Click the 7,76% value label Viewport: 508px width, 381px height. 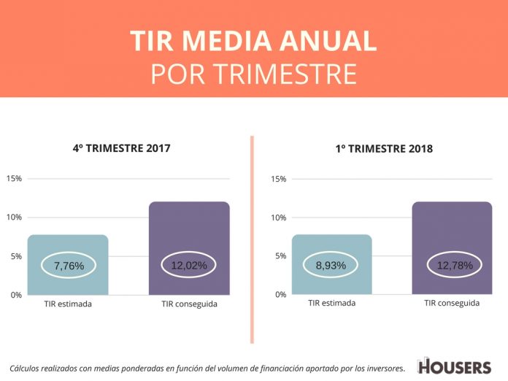point(69,266)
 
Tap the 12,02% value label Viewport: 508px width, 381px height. point(189,266)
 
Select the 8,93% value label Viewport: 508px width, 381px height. point(331,266)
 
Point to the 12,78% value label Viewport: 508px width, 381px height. point(455,266)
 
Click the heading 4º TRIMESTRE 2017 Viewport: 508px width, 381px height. point(121,148)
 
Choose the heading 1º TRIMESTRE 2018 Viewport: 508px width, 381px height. point(384,149)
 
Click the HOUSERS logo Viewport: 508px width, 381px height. point(454,367)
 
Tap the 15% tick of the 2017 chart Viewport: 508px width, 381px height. point(15,178)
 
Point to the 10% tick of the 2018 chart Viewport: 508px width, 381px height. point(279,218)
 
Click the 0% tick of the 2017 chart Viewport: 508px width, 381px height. point(16,295)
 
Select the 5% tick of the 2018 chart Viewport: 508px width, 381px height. point(281,256)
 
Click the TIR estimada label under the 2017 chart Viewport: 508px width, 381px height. point(68,304)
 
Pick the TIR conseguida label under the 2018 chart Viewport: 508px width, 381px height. point(452,303)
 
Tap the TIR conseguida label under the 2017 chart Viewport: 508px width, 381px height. point(189,304)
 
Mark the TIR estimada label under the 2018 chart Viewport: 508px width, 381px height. point(332,303)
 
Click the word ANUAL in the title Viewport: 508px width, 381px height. point(328,41)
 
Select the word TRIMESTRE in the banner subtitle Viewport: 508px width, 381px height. point(286,74)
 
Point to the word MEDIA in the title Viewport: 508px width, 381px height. point(226,41)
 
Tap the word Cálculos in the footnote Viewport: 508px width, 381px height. point(23,369)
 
